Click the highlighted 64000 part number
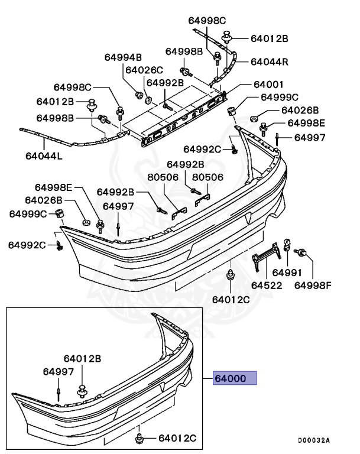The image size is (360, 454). coord(235,378)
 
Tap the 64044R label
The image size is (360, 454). coord(269,61)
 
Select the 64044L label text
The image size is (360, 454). coord(43,157)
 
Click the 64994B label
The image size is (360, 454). coord(123,57)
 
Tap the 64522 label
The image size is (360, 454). coord(267,286)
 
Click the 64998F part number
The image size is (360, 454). coord(313,286)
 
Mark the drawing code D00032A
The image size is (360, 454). coord(313,440)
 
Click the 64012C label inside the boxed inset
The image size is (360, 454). coord(177,438)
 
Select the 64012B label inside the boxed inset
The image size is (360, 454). coord(82,358)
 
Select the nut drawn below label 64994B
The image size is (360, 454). coord(138,94)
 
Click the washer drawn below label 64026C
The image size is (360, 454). coord(148,98)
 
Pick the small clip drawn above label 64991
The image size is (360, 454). coord(286,242)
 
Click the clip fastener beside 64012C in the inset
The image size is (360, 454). coord(140,438)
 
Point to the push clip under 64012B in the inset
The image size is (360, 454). coord(82,391)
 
